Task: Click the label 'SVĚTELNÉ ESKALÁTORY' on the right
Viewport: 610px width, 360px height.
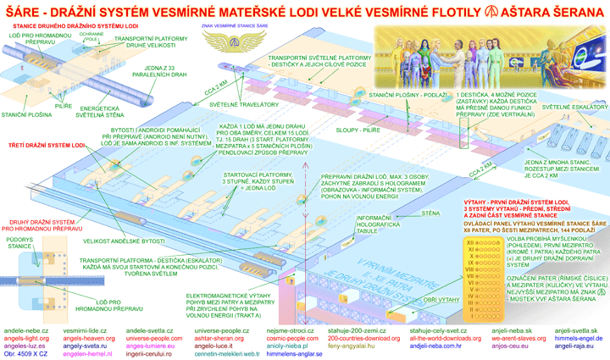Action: coord(574,108)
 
